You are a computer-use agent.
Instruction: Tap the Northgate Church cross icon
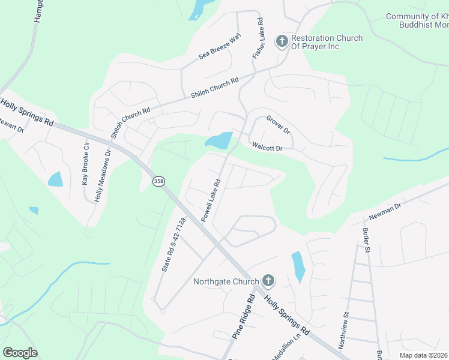coord(268,281)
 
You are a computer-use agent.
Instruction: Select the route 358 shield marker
coord(158,181)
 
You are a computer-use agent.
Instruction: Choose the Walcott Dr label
coord(267,146)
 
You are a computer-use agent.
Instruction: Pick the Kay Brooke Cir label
coord(86,163)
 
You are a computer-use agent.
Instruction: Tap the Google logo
coord(20,353)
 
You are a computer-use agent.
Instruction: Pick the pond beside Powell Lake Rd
coord(218,141)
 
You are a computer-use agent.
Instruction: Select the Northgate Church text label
coord(226,281)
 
